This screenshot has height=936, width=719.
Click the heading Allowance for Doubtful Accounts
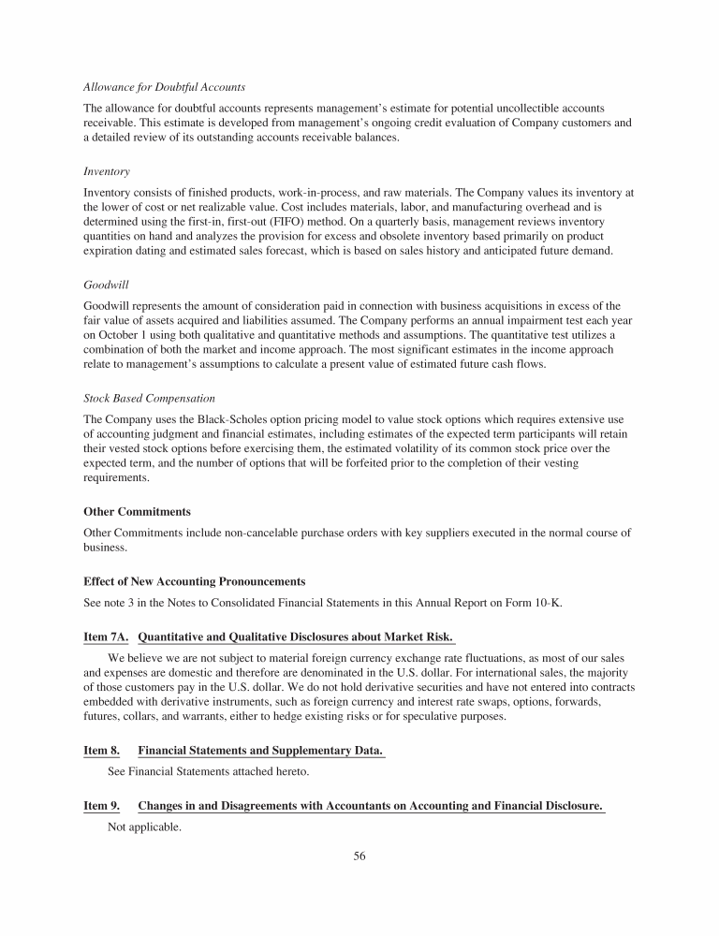tap(155, 87)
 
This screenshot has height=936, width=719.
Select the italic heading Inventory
tap(107, 172)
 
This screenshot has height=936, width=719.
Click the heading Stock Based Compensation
tap(149, 399)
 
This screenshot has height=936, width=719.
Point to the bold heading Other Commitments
tap(137, 512)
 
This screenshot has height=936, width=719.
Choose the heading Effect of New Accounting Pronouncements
tap(194, 581)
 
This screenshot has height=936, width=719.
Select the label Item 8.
tap(102, 751)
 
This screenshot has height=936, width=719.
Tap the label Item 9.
tap(102, 807)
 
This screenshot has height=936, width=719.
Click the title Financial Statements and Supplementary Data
tap(260, 751)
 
